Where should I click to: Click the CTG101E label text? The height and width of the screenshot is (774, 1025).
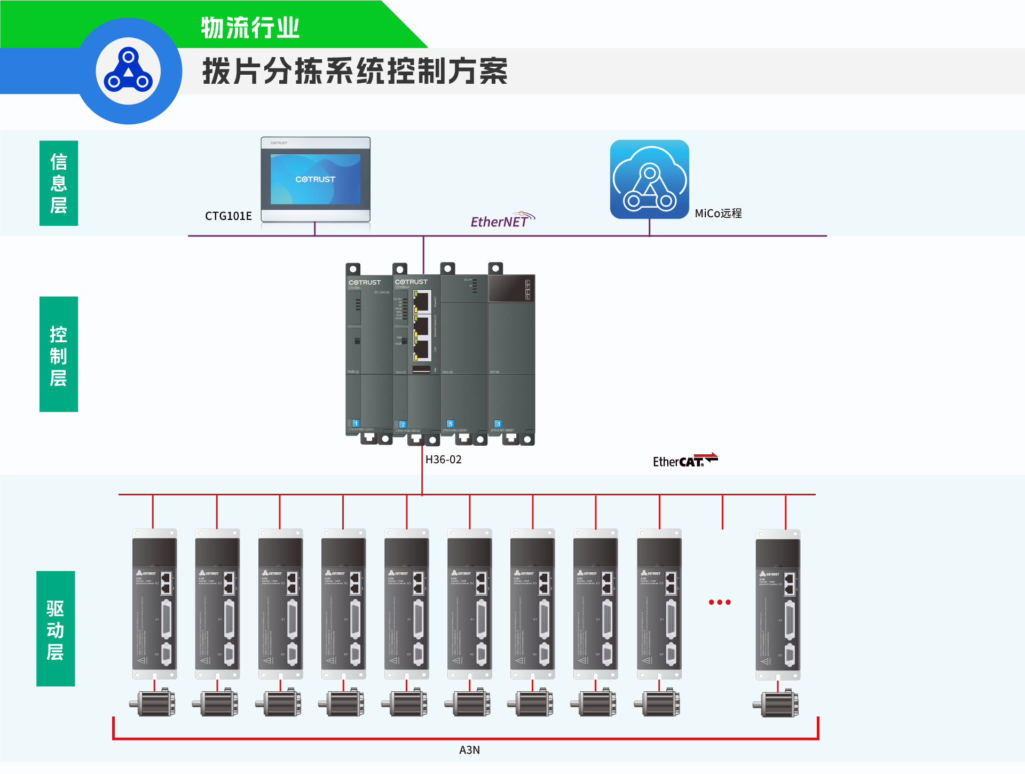pyautogui.click(x=228, y=216)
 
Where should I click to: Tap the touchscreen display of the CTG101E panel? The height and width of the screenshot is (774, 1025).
pyautogui.click(x=315, y=179)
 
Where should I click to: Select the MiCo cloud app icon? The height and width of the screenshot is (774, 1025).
pyautogui.click(x=649, y=179)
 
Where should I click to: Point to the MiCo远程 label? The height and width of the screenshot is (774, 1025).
pyautogui.click(x=718, y=214)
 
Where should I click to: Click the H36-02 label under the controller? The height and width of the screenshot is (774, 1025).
pyautogui.click(x=443, y=460)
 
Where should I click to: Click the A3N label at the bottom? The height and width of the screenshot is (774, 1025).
pyautogui.click(x=469, y=750)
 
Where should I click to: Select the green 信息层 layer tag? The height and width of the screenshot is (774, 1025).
pyautogui.click(x=59, y=183)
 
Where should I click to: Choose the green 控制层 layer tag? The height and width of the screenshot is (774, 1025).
pyautogui.click(x=59, y=354)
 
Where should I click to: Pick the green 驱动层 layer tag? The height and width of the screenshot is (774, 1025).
pyautogui.click(x=56, y=629)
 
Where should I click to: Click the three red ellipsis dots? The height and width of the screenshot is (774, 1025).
pyautogui.click(x=720, y=602)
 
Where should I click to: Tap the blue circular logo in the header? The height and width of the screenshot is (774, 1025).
pyautogui.click(x=128, y=71)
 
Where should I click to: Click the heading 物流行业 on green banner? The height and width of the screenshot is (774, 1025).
pyautogui.click(x=250, y=28)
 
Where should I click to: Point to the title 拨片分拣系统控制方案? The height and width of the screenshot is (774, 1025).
pyautogui.click(x=355, y=72)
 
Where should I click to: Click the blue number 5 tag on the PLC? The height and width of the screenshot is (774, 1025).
pyautogui.click(x=450, y=424)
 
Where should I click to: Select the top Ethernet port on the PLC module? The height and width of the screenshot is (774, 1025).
pyautogui.click(x=422, y=302)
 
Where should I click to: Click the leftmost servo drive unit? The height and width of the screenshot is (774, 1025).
pyautogui.click(x=154, y=603)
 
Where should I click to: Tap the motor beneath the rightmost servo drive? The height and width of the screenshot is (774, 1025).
pyautogui.click(x=777, y=704)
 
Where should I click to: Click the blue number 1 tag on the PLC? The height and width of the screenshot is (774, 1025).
pyautogui.click(x=356, y=423)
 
